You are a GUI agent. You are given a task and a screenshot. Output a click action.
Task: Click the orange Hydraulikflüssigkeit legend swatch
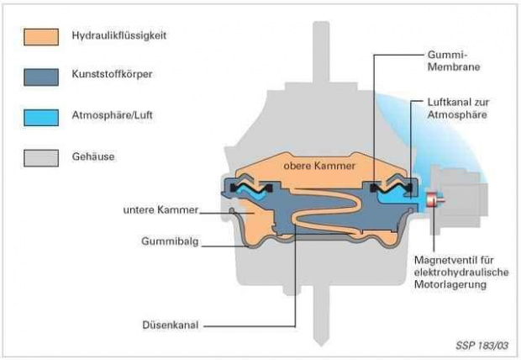(43, 36)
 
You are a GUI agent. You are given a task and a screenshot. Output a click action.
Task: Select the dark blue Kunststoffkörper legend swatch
(43, 77)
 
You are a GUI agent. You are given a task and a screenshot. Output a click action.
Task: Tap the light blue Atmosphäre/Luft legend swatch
(43, 117)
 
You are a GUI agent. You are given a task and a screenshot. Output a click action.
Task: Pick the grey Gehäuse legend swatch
(43, 157)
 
